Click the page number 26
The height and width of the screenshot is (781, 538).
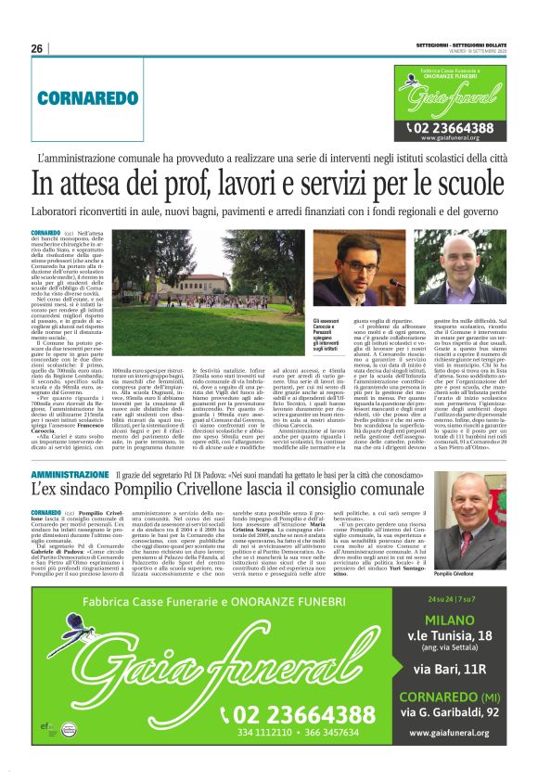37,48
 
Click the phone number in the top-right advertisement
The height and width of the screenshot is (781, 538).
455,128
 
